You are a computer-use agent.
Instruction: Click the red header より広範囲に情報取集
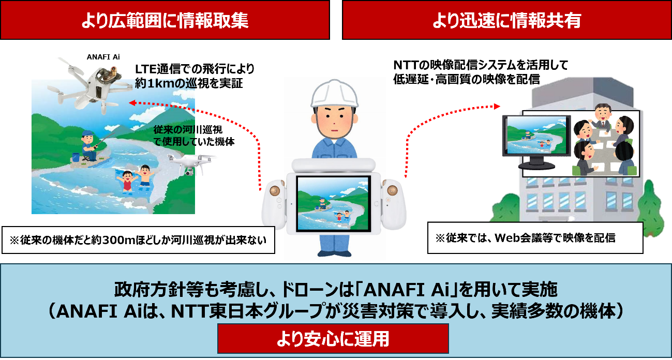(x=165, y=20)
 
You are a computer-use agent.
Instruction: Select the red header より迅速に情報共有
(x=507, y=20)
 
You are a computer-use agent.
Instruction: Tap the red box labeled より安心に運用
(x=333, y=339)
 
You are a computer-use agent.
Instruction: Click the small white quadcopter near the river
(x=191, y=162)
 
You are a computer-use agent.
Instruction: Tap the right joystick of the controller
(x=391, y=189)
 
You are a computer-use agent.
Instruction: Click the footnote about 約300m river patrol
(x=138, y=241)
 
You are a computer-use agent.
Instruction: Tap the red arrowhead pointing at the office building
(x=498, y=106)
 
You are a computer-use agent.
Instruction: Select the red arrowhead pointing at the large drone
(x=132, y=103)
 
